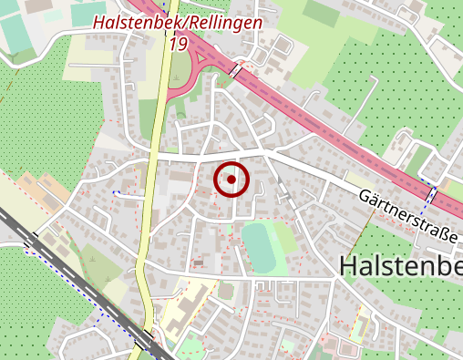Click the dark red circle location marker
[x=231, y=180]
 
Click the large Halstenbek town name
[x=401, y=266]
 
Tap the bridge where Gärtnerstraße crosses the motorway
[x=431, y=194]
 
